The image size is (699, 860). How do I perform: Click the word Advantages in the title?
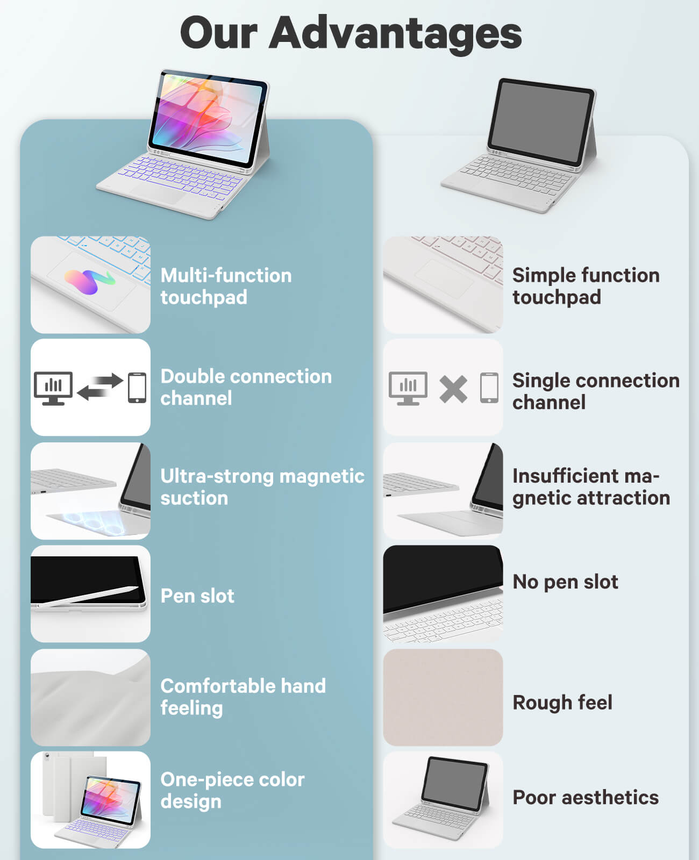395,35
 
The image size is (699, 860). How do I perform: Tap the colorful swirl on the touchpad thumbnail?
90,281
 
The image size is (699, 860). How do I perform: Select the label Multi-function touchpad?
226,286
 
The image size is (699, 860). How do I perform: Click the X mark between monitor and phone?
453,389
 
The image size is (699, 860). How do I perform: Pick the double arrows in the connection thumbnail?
99,386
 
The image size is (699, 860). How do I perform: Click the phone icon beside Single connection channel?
489,388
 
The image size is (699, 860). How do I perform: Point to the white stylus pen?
88,596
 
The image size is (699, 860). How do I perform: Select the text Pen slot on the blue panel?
197,596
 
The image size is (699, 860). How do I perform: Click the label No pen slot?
565,582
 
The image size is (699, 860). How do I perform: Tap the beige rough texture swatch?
443,697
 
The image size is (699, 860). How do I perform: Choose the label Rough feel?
562,702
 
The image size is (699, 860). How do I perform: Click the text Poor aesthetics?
586,798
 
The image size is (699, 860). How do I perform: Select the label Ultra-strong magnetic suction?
262,487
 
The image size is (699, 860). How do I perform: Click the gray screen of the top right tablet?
540,122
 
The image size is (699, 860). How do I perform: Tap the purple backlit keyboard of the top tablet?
180,178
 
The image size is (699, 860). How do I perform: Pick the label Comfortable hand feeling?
243,697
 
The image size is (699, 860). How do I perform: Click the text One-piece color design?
233,791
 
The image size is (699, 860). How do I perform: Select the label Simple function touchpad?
586,286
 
